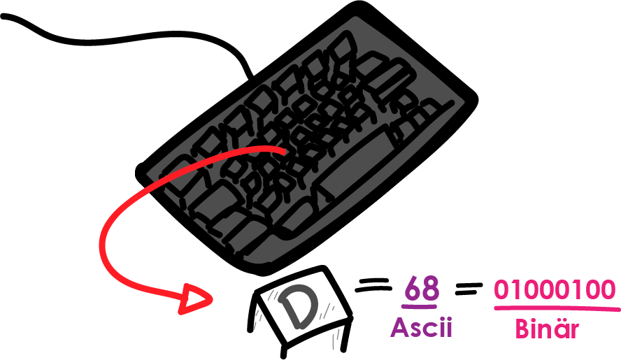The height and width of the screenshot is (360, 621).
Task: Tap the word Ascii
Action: pyautogui.click(x=421, y=326)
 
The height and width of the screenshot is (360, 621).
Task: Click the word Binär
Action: pyautogui.click(x=547, y=329)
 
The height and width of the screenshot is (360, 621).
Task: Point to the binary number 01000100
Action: pyautogui.click(x=555, y=289)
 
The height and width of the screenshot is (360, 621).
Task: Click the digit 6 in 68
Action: pyautogui.click(x=413, y=288)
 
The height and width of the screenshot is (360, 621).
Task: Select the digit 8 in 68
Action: pyautogui.click(x=431, y=288)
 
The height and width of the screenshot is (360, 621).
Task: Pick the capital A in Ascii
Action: pyautogui.click(x=399, y=326)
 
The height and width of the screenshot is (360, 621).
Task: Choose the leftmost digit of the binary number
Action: pyautogui.click(x=501, y=289)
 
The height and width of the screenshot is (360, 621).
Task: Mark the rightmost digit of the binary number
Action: pyautogui.click(x=609, y=289)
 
